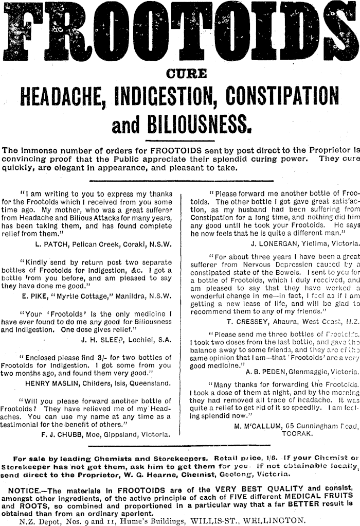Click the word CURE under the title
tap(179, 74)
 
